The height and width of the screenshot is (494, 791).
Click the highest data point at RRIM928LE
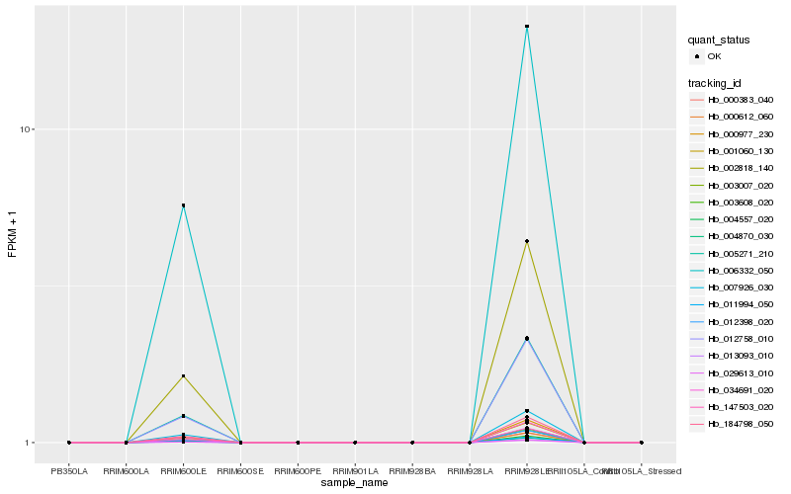point(527,27)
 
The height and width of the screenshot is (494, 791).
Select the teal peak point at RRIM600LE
point(183,206)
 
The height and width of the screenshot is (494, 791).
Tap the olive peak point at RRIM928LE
point(527,241)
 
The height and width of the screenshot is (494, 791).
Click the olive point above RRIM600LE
point(183,376)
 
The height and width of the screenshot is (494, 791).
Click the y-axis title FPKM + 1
point(13,235)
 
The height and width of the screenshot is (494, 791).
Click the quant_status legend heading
point(719,41)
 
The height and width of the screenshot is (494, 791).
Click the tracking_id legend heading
point(716,82)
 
